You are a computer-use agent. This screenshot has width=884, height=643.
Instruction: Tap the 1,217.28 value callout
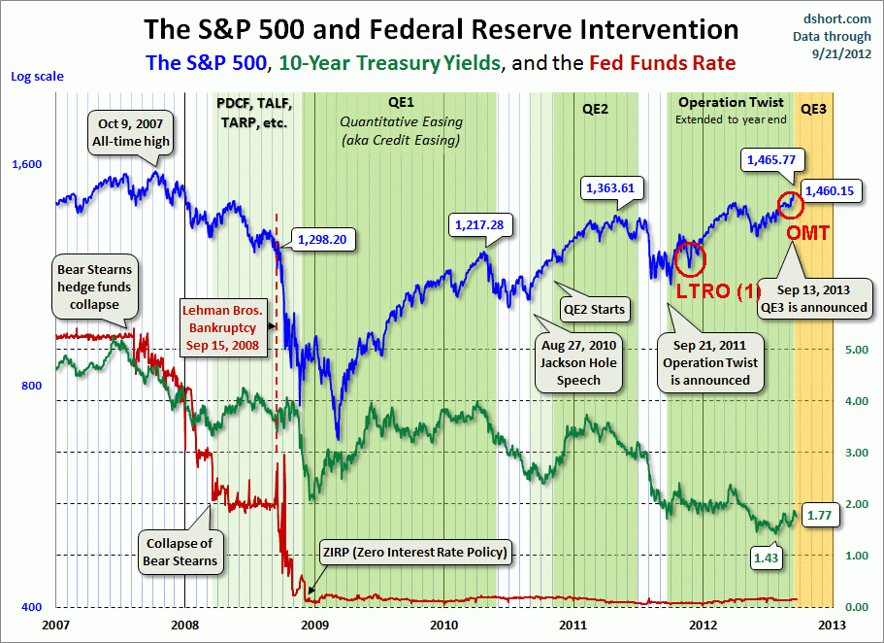pyautogui.click(x=478, y=225)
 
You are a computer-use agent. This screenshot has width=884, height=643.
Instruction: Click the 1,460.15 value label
pyautogui.click(x=828, y=191)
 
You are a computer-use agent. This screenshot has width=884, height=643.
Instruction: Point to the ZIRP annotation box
pyautogui.click(x=413, y=554)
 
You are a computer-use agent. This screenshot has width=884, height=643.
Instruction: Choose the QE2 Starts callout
pyautogui.click(x=593, y=310)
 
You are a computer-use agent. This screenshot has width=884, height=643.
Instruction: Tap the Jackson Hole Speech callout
pyautogui.click(x=578, y=362)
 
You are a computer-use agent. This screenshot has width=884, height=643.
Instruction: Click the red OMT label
pyautogui.click(x=806, y=234)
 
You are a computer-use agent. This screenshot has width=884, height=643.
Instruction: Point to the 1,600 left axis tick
pyautogui.click(x=26, y=164)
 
